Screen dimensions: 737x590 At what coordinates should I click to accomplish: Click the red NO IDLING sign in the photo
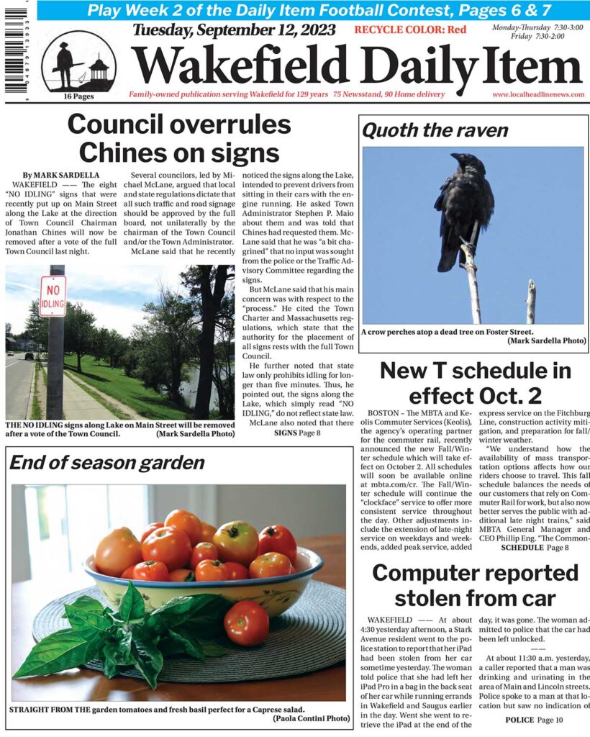(x=53, y=296)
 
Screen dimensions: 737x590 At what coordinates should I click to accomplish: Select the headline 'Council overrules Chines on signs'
(x=179, y=138)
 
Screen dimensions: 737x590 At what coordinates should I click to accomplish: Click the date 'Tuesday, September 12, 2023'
(x=234, y=30)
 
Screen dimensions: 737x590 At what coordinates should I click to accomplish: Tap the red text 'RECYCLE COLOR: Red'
(x=410, y=30)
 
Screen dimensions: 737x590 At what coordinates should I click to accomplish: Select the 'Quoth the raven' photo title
(x=435, y=130)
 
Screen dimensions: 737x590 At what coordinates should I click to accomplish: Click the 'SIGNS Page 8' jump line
(x=296, y=433)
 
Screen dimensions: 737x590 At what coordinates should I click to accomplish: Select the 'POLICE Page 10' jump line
(x=529, y=720)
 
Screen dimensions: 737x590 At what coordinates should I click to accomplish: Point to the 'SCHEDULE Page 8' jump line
(x=535, y=547)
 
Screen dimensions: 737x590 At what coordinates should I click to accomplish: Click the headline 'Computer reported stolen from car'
(x=475, y=584)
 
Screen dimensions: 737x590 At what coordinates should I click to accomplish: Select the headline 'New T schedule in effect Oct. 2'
(x=475, y=383)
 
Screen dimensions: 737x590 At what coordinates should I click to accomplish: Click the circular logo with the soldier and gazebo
(x=78, y=62)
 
